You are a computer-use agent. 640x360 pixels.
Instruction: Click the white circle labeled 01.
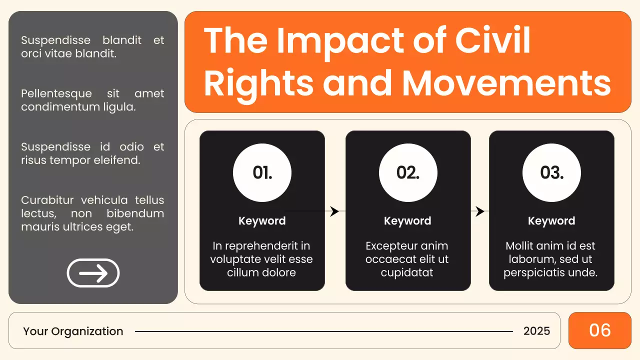262,173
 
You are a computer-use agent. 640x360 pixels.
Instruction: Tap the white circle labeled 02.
408,173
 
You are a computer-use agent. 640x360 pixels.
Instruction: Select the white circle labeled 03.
551,173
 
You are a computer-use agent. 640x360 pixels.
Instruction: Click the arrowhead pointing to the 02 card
335,211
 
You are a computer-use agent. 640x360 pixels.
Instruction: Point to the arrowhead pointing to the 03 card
480,211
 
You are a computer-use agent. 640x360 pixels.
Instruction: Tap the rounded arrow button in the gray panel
93,273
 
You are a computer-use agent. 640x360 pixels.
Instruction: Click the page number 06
600,330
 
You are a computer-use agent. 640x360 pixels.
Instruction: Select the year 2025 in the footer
536,331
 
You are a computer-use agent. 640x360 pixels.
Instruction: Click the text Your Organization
73,331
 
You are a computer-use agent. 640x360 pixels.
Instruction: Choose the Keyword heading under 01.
262,221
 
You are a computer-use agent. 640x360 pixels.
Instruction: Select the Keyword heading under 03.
551,221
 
